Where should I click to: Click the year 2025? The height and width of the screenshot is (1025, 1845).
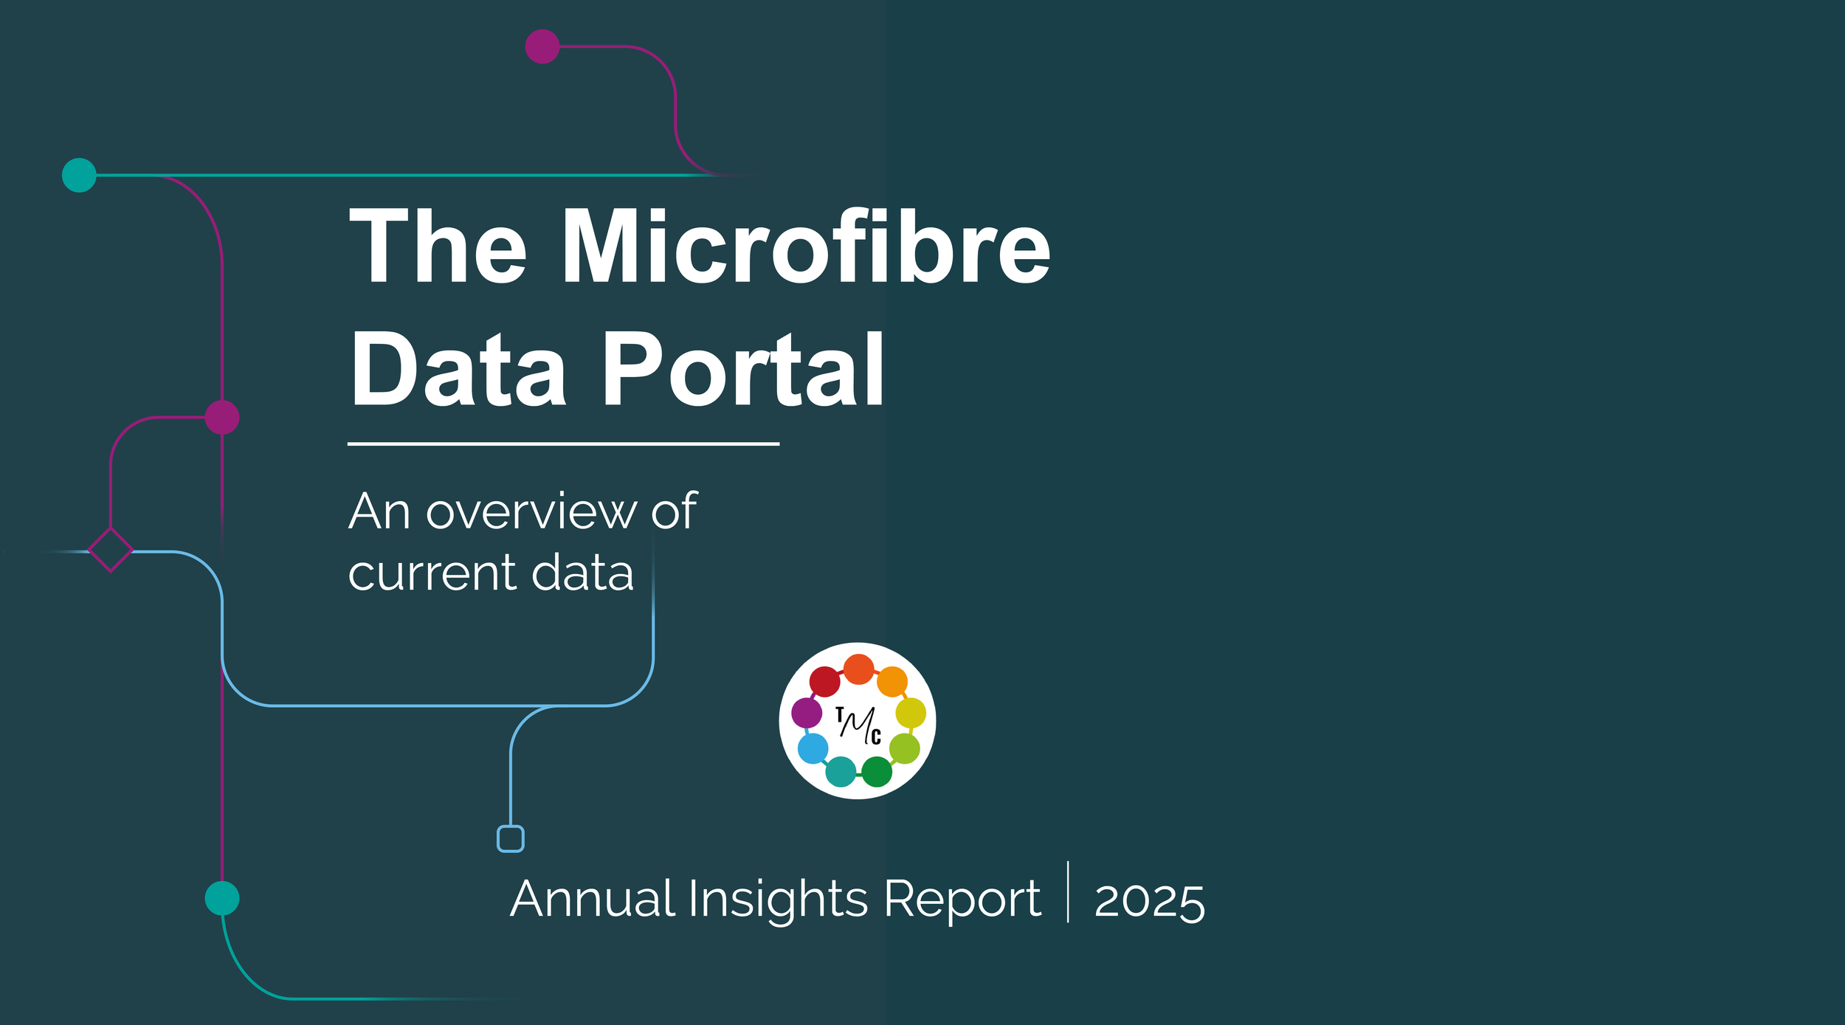click(x=1149, y=902)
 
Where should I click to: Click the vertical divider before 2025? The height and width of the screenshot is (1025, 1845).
click(x=1068, y=891)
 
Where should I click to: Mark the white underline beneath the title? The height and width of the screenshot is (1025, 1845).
click(x=563, y=444)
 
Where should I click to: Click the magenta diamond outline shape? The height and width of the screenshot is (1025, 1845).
click(x=110, y=550)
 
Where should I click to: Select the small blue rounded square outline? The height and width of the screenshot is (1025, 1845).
click(x=511, y=839)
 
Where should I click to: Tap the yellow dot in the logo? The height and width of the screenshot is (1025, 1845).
click(x=911, y=713)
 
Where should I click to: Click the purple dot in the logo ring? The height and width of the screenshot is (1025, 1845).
click(x=807, y=713)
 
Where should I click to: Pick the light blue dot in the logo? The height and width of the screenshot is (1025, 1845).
click(x=813, y=749)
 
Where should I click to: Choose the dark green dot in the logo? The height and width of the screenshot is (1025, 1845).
click(x=877, y=772)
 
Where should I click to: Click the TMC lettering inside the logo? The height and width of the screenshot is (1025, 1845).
click(x=858, y=725)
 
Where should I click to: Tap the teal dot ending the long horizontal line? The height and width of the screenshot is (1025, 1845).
click(x=79, y=175)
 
